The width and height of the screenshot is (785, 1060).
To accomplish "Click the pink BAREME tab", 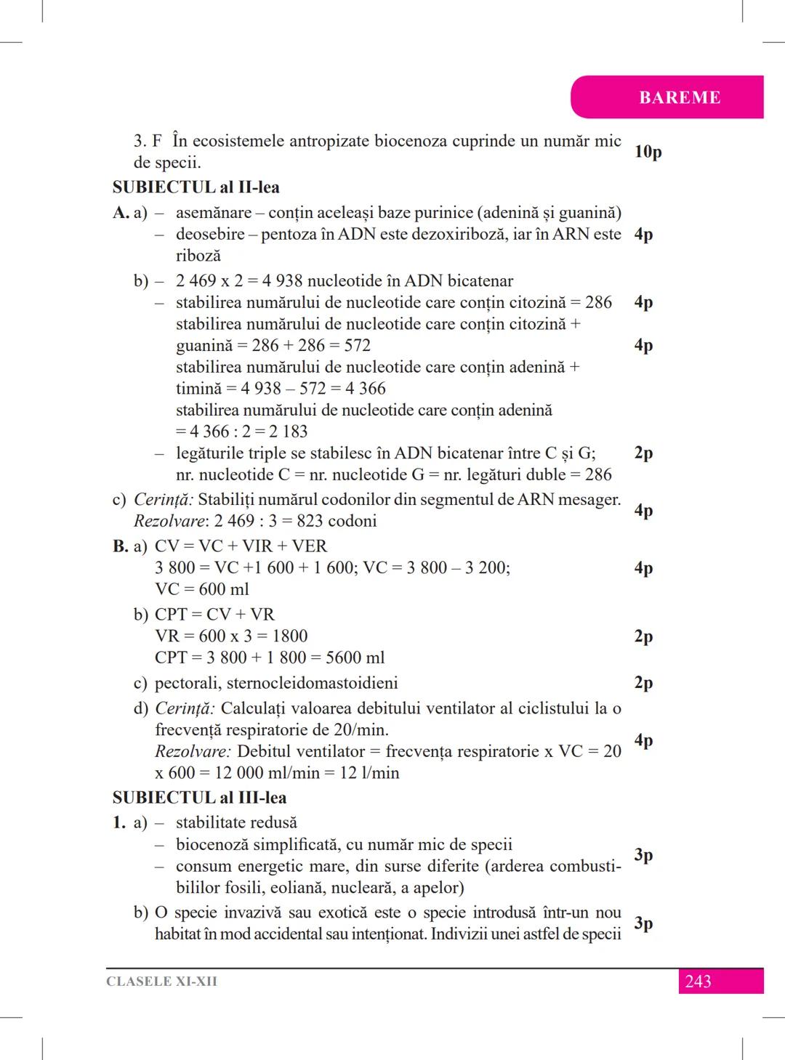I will pos(679,97).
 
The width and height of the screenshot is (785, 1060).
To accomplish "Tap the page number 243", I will pos(698,982).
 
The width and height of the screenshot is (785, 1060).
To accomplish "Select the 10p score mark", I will pos(648,152).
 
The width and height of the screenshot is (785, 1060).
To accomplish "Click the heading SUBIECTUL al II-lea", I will pos(196,187).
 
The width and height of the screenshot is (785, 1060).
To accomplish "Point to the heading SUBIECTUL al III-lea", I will pos(199,798).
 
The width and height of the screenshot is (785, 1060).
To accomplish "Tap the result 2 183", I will pos(284,432).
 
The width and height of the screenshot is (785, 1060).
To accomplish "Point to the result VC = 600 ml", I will pos(202,589).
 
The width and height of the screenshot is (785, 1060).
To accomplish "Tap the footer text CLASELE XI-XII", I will pos(161,982).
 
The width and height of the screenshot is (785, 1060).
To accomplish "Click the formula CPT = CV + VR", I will pos(214,615).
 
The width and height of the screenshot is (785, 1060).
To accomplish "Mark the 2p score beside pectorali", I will pos(643,683).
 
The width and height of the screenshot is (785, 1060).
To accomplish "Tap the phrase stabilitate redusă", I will pos(236,823).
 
